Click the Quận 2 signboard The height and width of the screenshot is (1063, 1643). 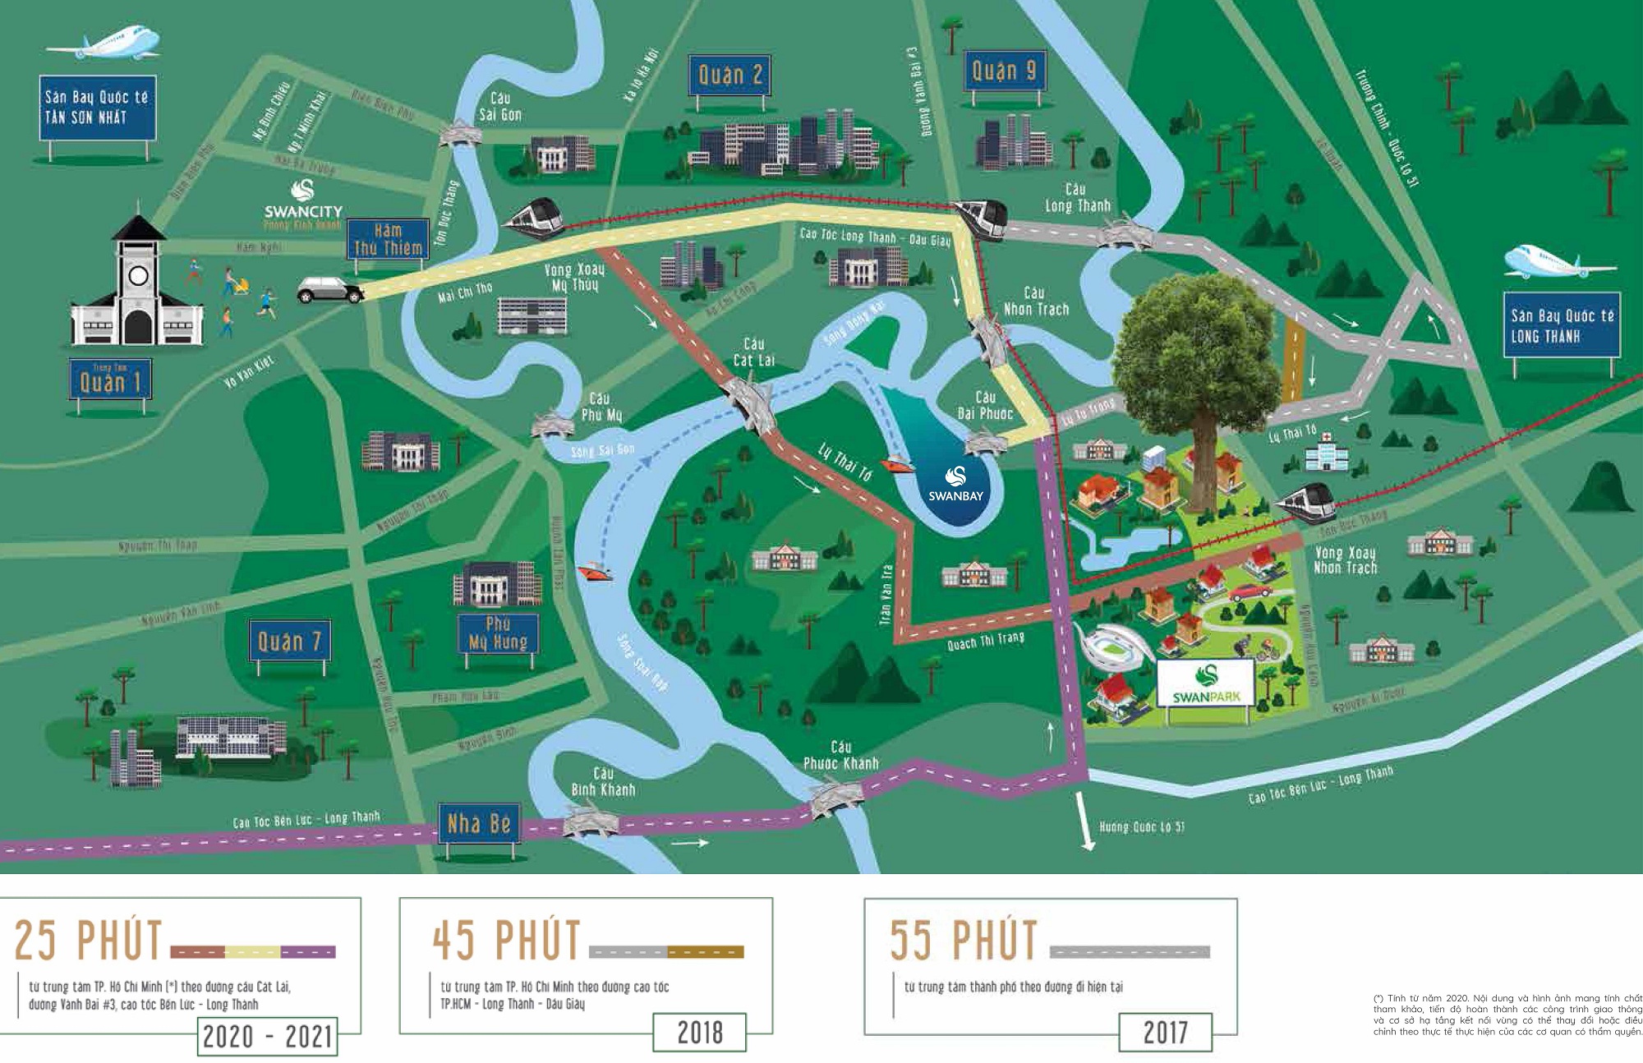pyautogui.click(x=730, y=76)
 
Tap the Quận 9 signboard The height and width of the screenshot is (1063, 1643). pyautogui.click(x=1003, y=72)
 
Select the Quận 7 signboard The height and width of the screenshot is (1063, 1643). pyautogui.click(x=289, y=641)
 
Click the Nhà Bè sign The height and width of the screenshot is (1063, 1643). pyautogui.click(x=478, y=823)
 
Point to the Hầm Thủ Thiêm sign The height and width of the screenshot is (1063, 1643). pyautogui.click(x=388, y=239)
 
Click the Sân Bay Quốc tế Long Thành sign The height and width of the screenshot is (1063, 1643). pyautogui.click(x=1561, y=325)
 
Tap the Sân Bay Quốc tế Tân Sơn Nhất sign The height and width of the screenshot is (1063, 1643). pyautogui.click(x=96, y=108)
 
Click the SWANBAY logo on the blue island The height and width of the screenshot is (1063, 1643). pyautogui.click(x=955, y=484)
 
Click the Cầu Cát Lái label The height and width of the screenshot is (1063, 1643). pyautogui.click(x=753, y=352)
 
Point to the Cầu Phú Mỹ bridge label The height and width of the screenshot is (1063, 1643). pyautogui.click(x=601, y=407)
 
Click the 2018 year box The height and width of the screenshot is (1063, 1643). pyautogui.click(x=699, y=1032)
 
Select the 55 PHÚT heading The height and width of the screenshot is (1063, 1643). pyautogui.click(x=963, y=940)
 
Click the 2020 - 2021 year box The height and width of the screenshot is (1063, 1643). pyautogui.click(x=267, y=1037)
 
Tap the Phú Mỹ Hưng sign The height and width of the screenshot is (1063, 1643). pyautogui.click(x=498, y=633)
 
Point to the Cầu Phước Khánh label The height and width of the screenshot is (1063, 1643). pyautogui.click(x=840, y=755)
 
